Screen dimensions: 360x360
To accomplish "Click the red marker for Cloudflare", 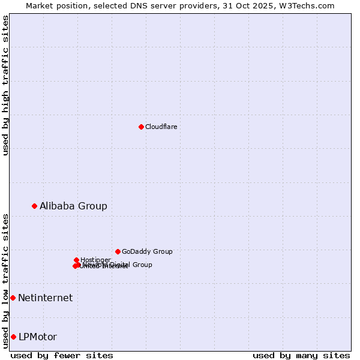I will [x=141, y=127].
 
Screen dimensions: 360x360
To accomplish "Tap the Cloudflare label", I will [x=161, y=127].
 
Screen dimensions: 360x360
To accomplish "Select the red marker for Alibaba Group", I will [x=34, y=206].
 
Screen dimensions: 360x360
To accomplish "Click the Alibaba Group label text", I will [x=73, y=206].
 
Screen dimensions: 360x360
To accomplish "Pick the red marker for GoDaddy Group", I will [x=118, y=251].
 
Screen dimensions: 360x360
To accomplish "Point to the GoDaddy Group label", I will [x=147, y=251].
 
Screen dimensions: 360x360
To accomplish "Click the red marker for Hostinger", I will [x=76, y=260].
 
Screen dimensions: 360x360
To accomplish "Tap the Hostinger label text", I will [x=95, y=260].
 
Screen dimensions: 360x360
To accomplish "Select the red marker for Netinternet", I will [x=13, y=298].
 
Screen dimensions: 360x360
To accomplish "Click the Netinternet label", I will [x=45, y=298].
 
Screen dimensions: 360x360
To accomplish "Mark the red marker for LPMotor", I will [x=13, y=337].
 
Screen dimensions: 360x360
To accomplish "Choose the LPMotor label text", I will [x=38, y=337].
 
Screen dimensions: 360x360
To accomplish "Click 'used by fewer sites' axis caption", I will [x=62, y=355].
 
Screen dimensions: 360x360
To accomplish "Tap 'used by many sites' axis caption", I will [x=301, y=355].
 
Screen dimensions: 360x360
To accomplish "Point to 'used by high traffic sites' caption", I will [x=6, y=85].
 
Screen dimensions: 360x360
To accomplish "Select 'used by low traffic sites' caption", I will [x=6, y=280].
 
